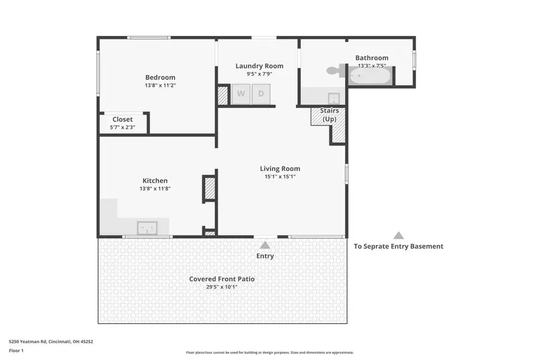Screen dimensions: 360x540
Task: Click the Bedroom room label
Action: pyautogui.click(x=160, y=77)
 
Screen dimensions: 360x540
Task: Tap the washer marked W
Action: pyautogui.click(x=241, y=94)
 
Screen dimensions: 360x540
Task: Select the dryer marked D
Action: pyautogui.click(x=261, y=94)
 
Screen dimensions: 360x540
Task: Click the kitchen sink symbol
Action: pyautogui.click(x=147, y=228)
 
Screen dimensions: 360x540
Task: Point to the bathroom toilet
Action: pyautogui.click(x=334, y=71)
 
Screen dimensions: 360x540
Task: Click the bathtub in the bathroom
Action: pyautogui.click(x=370, y=76)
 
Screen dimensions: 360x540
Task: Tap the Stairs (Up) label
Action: pyautogui.click(x=329, y=115)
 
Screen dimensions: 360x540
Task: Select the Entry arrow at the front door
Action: pyautogui.click(x=265, y=245)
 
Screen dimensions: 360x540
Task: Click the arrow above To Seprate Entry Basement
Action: pyautogui.click(x=398, y=236)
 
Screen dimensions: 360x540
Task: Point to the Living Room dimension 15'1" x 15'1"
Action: pyautogui.click(x=280, y=177)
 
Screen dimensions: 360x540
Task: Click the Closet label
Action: pyautogui.click(x=122, y=119)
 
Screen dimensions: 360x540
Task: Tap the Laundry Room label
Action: pyautogui.click(x=259, y=66)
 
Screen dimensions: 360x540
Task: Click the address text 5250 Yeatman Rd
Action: pyautogui.click(x=51, y=341)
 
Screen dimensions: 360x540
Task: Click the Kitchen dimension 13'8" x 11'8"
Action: pyautogui.click(x=155, y=189)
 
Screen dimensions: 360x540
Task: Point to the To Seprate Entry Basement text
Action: pyautogui.click(x=398, y=246)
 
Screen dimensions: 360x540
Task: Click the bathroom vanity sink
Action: pyautogui.click(x=334, y=98)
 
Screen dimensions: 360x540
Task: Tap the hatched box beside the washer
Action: pyautogui.click(x=223, y=95)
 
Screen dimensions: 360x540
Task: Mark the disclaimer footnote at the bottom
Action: pyautogui.click(x=269, y=353)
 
